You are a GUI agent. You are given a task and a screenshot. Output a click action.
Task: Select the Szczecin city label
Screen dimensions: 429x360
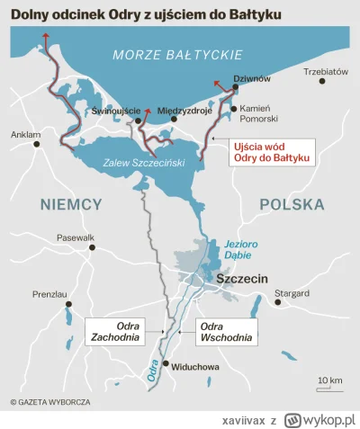[x=241, y=280]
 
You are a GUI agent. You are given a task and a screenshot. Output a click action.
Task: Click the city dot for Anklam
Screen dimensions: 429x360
[x=37, y=144]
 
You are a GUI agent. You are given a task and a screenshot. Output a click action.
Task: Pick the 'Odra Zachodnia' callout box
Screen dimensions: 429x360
[x=115, y=332]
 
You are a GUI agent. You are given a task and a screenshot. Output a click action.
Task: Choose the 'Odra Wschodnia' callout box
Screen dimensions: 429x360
[x=221, y=332]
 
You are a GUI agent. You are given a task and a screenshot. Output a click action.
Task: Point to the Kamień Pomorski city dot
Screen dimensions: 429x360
[x=233, y=108]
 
